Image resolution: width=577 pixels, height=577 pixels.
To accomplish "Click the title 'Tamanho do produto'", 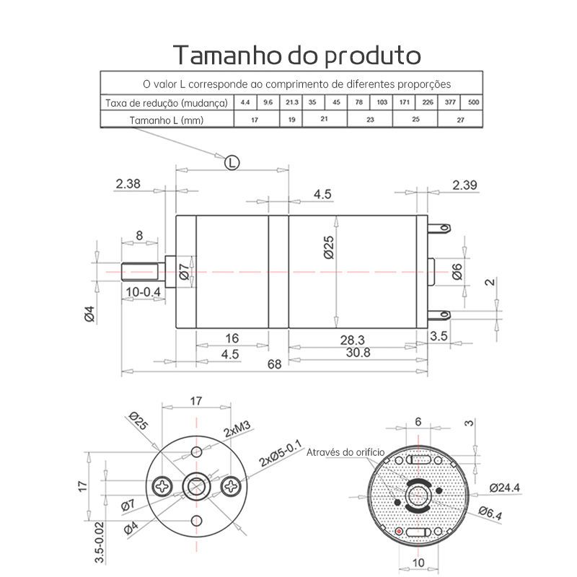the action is (296, 55).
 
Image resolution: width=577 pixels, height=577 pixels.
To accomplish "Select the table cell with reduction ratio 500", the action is (472, 102).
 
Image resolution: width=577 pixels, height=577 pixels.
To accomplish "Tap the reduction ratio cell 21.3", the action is (291, 102).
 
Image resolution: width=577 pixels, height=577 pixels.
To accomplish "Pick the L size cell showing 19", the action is (291, 120).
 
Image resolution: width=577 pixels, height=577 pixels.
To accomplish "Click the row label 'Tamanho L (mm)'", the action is (167, 120).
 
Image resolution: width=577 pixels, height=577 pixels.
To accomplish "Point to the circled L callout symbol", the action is (232, 162).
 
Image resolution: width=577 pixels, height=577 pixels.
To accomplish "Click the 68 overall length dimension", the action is (275, 364).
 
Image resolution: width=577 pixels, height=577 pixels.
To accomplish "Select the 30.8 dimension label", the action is (358, 353).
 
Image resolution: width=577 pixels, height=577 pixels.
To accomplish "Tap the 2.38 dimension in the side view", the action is (128, 184).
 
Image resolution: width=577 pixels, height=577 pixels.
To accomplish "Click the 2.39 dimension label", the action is (464, 185).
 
